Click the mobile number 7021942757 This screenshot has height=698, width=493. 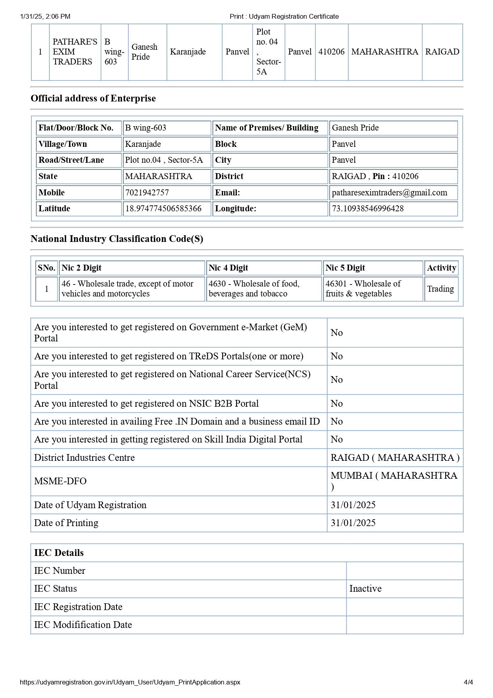click(x=147, y=193)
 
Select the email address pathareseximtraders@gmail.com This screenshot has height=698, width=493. click(x=389, y=193)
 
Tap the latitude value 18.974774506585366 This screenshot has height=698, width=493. click(x=163, y=209)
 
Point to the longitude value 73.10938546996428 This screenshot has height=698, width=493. click(x=368, y=209)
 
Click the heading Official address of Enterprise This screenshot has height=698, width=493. click(x=93, y=98)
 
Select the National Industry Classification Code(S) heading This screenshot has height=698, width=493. click(x=117, y=239)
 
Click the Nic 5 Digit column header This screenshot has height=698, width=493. click(x=345, y=268)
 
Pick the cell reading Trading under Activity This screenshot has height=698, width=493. click(x=441, y=289)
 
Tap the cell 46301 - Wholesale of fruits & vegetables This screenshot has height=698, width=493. click(x=363, y=289)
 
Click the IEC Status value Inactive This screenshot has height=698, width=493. click(x=365, y=589)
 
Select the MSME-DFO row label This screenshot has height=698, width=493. click(x=60, y=481)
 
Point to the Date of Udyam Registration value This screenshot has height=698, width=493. click(x=353, y=505)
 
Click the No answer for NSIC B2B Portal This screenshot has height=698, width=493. click(x=336, y=404)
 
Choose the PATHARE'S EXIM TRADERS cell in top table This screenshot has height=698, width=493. click(x=75, y=52)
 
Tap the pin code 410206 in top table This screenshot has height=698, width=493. click(x=331, y=52)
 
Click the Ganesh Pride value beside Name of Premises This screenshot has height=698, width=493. click(x=355, y=128)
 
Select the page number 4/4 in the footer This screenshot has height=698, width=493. click(x=468, y=682)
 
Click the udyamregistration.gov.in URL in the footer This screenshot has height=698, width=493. click(x=130, y=682)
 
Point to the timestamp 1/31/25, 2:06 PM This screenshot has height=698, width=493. click(x=45, y=16)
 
